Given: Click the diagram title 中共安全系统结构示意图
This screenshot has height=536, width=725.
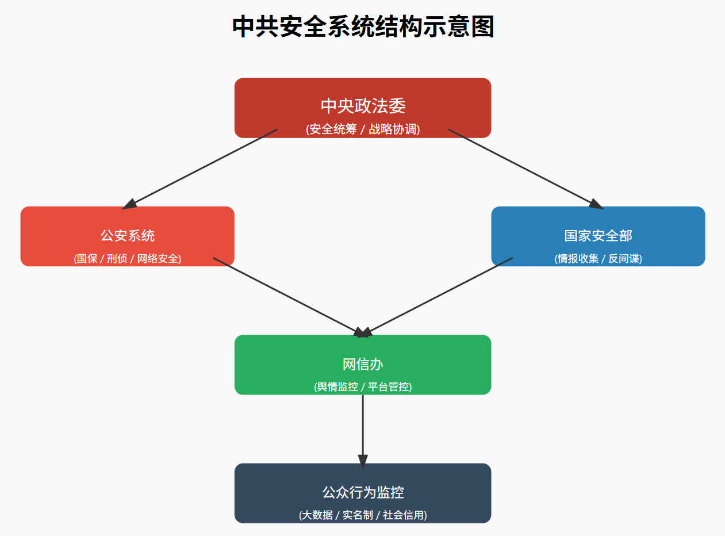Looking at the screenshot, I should click(x=363, y=27).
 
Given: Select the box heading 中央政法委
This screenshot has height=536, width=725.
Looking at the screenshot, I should click(x=363, y=106).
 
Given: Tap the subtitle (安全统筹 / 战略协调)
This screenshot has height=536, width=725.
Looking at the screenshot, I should click(x=363, y=129).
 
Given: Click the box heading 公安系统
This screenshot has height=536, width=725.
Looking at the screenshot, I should click(x=128, y=235).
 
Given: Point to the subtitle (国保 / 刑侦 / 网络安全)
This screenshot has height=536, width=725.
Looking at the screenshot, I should click(x=128, y=259).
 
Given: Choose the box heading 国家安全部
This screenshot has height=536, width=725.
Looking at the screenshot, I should click(x=598, y=235).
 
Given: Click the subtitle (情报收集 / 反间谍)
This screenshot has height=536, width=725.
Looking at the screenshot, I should click(x=598, y=259).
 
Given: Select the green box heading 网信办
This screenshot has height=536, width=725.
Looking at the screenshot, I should click(x=363, y=364).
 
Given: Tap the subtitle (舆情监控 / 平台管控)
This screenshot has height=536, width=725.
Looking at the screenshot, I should click(x=363, y=386).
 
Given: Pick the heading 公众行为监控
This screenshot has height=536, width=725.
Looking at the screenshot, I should click(x=363, y=492).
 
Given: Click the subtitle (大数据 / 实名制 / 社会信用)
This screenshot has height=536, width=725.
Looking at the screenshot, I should click(x=363, y=515).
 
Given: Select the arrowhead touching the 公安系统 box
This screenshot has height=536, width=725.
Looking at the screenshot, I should click(x=130, y=204).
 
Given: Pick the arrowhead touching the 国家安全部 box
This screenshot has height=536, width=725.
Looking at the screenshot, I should click(x=596, y=204).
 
